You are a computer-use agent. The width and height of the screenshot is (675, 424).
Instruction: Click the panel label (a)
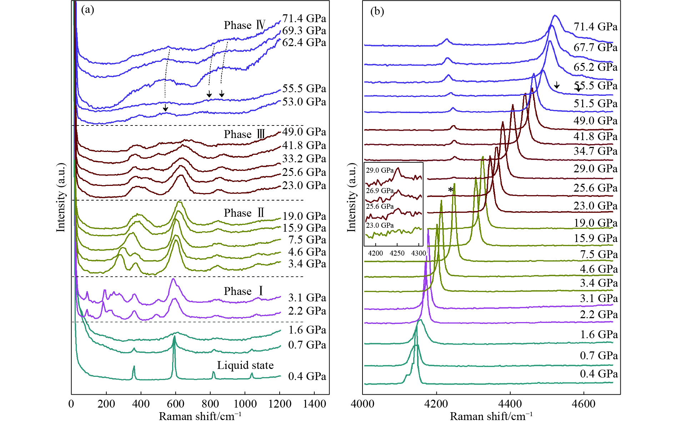(87, 10)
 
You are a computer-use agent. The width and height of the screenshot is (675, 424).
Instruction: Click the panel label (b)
(377, 11)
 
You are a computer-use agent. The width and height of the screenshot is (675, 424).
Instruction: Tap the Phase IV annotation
(245, 25)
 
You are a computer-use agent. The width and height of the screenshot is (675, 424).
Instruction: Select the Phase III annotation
(245, 134)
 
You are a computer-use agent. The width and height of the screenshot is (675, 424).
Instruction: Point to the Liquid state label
(245, 365)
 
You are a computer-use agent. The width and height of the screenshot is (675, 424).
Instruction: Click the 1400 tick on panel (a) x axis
(314, 404)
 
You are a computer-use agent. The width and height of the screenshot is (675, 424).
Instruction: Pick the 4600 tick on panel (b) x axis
(584, 404)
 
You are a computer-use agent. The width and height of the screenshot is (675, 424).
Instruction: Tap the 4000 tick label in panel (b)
(362, 404)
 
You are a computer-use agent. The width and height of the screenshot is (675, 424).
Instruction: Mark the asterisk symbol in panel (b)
(451, 190)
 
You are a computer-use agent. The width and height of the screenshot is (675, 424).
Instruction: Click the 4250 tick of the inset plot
(397, 253)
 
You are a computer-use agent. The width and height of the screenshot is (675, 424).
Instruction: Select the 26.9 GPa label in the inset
(380, 191)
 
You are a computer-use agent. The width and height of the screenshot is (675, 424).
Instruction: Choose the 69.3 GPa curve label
(304, 30)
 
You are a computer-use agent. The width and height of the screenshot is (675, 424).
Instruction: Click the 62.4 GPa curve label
(304, 42)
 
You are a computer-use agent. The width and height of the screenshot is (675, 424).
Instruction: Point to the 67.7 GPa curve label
(595, 47)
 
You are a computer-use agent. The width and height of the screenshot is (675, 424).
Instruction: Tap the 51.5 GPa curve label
(595, 103)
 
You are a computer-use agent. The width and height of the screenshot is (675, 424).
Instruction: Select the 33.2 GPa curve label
(304, 158)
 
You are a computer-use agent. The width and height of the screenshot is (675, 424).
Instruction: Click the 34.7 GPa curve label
(595, 151)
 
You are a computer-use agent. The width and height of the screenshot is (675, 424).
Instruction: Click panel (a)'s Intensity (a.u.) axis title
(61, 197)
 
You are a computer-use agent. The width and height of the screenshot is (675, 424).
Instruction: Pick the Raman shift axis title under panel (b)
(491, 416)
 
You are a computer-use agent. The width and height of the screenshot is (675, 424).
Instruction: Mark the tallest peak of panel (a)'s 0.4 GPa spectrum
(175, 337)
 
